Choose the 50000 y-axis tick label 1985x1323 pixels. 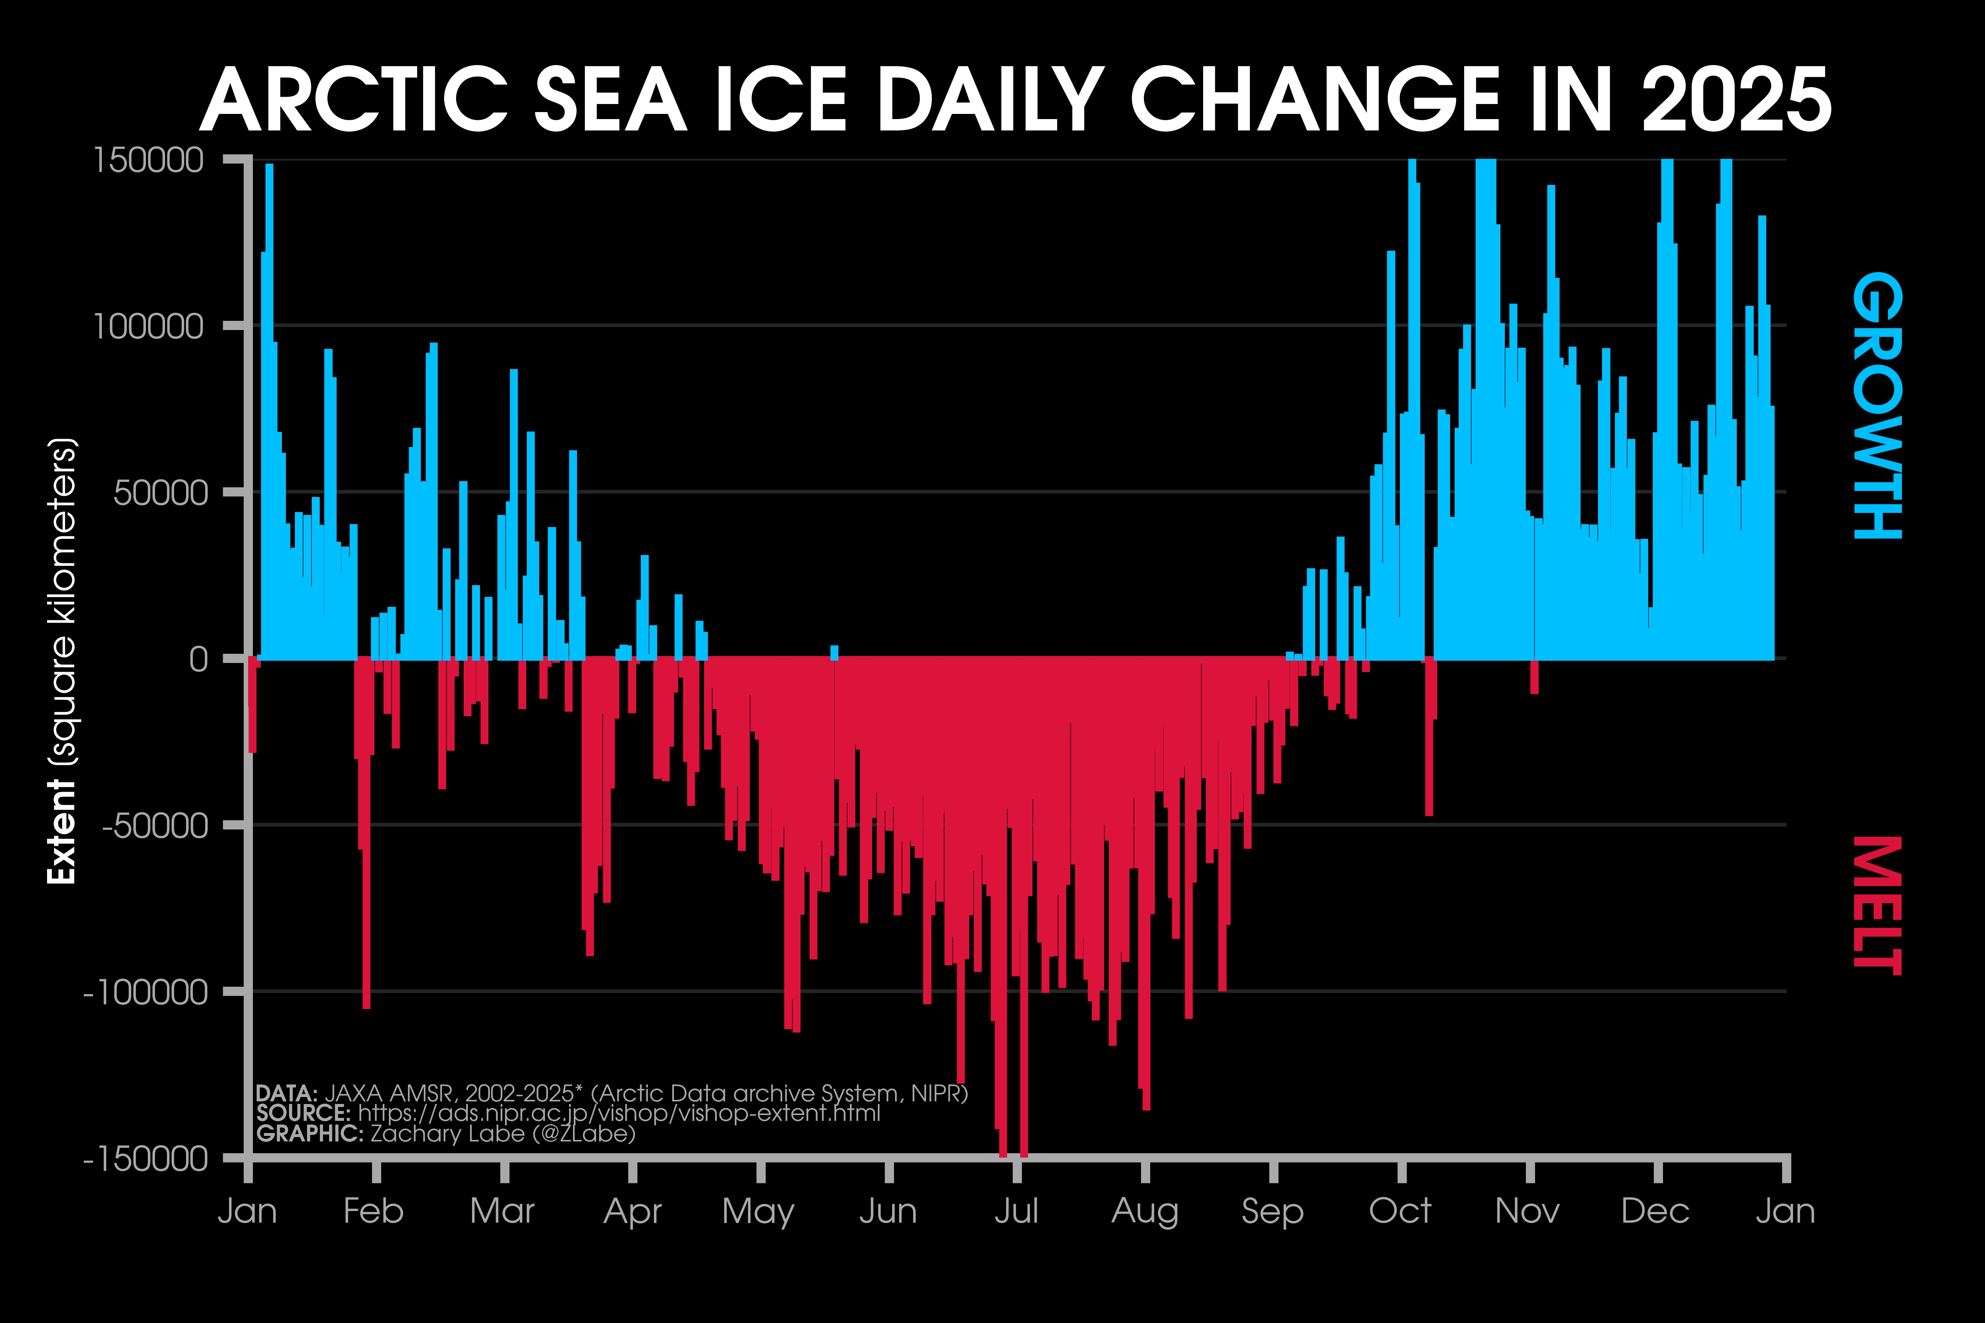[x=160, y=493]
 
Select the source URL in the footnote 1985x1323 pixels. [x=619, y=1114]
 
